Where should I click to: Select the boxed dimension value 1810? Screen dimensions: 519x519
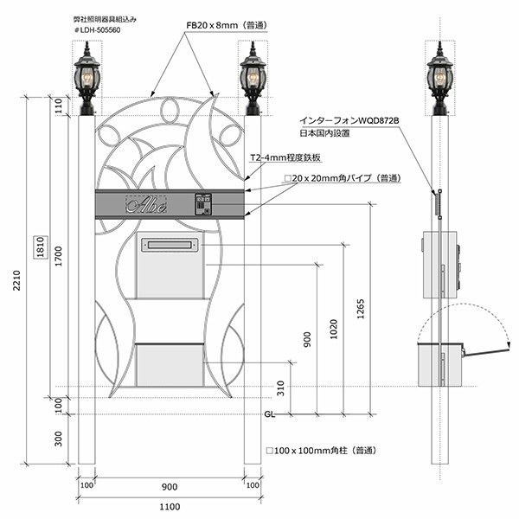[x=38, y=248]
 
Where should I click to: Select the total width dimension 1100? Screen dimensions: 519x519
[x=170, y=507]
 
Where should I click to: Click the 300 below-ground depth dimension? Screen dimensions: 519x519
[x=58, y=440]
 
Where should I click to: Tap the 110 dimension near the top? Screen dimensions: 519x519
[x=58, y=106]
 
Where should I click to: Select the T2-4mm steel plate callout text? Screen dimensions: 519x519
[x=285, y=158]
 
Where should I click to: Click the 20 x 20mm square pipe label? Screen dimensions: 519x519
[x=342, y=177]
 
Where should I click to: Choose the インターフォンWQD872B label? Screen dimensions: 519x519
[x=349, y=121]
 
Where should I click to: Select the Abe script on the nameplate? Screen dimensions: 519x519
[x=147, y=205]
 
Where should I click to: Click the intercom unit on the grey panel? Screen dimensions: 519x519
[x=204, y=203]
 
